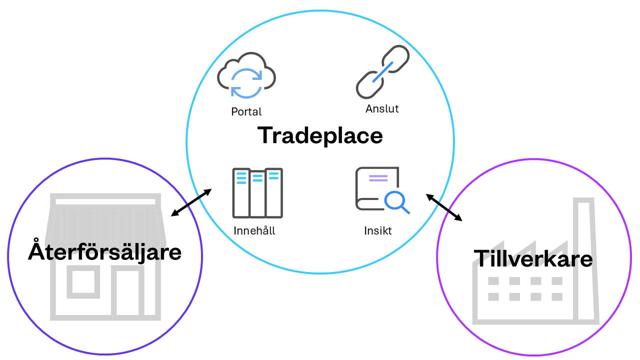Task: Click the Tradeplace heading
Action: click(320, 135)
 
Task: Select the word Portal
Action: click(246, 111)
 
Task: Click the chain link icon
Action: click(382, 72)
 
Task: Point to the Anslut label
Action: click(382, 108)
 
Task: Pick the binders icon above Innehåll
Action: click(257, 193)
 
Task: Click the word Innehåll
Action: click(254, 231)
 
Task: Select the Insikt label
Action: click(378, 231)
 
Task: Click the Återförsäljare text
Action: click(104, 251)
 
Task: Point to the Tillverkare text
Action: click(533, 258)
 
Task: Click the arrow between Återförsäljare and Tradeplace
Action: click(191, 202)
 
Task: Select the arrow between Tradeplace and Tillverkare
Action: click(444, 207)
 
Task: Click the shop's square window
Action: click(83, 281)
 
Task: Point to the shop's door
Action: click(128, 292)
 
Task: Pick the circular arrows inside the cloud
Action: click(246, 82)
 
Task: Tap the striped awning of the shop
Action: click(105, 222)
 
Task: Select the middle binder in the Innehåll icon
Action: click(257, 194)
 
